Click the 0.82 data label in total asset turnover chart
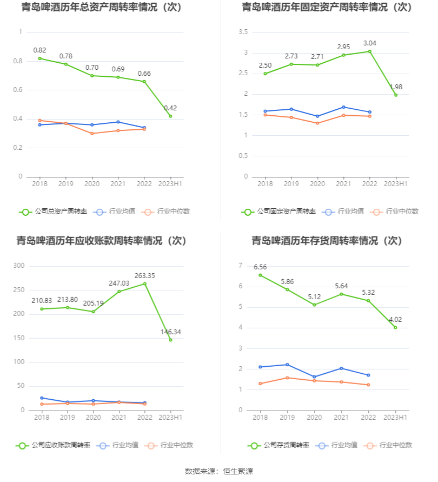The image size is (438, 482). [39, 50]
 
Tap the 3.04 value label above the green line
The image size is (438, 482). [370, 43]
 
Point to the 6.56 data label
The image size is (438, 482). [260, 267]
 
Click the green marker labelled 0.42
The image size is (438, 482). [170, 116]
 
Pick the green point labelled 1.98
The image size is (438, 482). [396, 95]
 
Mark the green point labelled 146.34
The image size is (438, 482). [170, 340]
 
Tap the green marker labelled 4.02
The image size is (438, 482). [395, 327]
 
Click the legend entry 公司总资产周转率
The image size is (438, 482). [53, 212]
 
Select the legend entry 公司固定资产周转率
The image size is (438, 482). [278, 212]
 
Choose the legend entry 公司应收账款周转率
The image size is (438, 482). [53, 445]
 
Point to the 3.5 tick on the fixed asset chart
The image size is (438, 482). [243, 32]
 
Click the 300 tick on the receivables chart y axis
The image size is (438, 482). [19, 266]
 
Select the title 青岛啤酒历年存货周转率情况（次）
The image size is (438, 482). [327, 241]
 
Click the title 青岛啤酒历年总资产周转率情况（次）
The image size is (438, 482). [102, 8]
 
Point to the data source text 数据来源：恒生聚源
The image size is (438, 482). [219, 471]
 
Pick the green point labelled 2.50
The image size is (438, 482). [265, 74]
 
